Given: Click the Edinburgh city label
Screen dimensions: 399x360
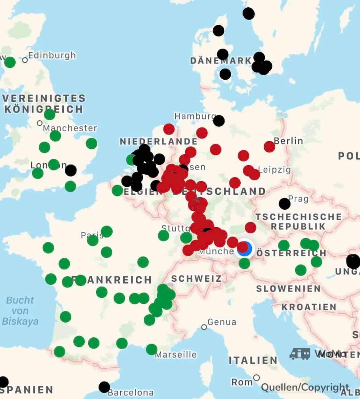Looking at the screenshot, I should click(52, 55).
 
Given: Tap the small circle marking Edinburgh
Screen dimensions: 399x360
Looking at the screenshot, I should click(25, 60).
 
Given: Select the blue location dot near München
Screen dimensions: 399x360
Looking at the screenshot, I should click(245, 249).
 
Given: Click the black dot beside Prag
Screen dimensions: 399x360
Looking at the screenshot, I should click(284, 203).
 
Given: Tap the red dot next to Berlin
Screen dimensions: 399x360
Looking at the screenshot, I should click(269, 146).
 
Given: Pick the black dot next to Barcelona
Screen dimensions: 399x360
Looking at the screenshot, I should click(104, 387).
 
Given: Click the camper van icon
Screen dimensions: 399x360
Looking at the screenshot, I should click(300, 354).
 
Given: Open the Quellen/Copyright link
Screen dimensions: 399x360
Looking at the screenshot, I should click(305, 387).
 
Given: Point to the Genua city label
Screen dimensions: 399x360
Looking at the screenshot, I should click(222, 322).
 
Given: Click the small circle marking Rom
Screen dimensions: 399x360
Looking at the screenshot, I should click(256, 378).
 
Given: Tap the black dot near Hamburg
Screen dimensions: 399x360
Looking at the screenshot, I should click(219, 121).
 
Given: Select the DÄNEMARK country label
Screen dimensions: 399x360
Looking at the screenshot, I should click(221, 61).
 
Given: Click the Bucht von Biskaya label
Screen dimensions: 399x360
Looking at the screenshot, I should click(20, 311).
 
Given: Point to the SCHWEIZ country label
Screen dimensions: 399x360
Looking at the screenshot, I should click(196, 278).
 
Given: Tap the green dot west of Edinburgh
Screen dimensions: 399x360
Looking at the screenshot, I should click(10, 62).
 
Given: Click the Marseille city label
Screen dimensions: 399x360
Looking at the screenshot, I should click(176, 355).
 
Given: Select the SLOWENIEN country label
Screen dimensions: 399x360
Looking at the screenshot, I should click(288, 289).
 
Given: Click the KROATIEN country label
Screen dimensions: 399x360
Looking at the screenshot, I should click(309, 307).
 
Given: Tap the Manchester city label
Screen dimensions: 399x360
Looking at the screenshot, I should click(70, 128).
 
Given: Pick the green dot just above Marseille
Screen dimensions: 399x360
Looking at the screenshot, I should click(152, 349).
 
